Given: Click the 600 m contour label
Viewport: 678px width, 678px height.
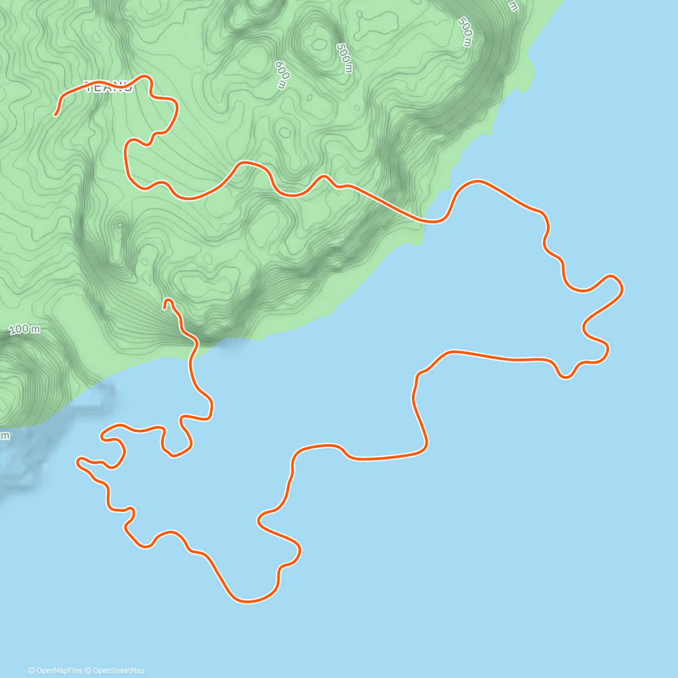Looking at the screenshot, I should (x=281, y=75).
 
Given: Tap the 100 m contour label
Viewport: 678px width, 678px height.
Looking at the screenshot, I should (x=25, y=328).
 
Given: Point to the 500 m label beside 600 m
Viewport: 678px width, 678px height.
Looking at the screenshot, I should (x=344, y=58).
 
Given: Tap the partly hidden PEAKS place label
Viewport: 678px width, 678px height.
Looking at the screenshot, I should (x=108, y=86).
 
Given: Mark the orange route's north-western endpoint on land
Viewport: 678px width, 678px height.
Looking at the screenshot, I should (x=55, y=115).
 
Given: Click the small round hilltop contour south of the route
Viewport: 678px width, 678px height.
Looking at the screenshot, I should (x=119, y=225).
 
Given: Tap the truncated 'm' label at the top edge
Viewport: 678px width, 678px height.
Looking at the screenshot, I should (x=512, y=6).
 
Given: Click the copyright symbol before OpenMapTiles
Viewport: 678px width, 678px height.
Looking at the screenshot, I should (x=31, y=671).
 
